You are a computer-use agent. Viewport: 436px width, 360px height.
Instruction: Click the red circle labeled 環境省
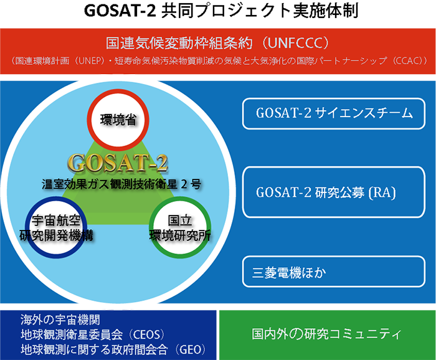click(x=118, y=120)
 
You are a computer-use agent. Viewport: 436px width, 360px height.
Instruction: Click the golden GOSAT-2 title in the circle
click(x=118, y=163)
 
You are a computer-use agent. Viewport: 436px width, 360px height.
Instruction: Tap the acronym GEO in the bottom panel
click(x=191, y=349)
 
